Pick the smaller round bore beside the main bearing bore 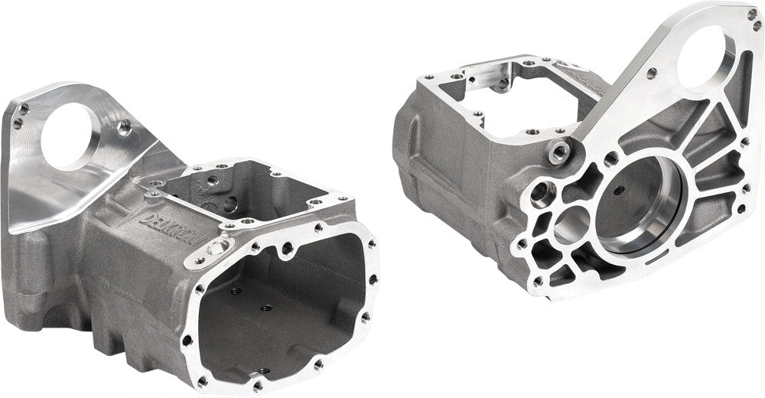point(569,225)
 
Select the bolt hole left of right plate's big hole point(651,74)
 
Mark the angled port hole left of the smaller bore point(544,188)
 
